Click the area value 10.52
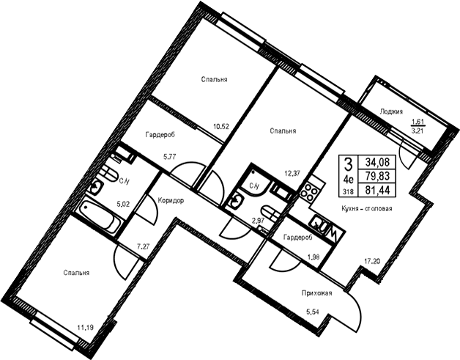(221, 127)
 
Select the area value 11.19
(86, 327)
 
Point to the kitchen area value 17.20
(372, 260)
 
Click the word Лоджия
(391, 111)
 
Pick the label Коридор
(171, 201)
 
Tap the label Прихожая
(316, 293)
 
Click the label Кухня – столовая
(367, 209)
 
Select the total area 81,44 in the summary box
(377, 191)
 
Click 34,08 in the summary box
(377, 162)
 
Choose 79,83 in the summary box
(377, 176)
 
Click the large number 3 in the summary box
(348, 164)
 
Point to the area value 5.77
(169, 156)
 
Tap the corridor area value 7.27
(144, 246)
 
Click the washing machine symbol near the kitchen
(326, 229)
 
